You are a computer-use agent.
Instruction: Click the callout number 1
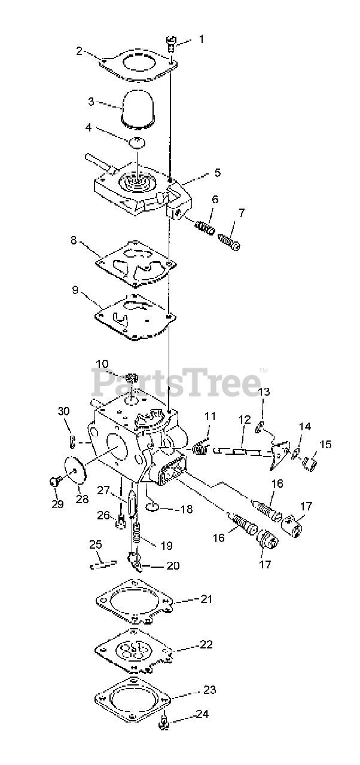[x=201, y=40]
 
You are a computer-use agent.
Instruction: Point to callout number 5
[x=218, y=173]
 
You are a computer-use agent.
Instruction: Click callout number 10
[x=102, y=363]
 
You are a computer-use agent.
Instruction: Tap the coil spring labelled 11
[x=201, y=445]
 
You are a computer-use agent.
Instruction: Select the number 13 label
[x=264, y=392]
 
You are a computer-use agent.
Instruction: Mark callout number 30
[x=63, y=411]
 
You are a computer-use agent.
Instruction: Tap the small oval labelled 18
[x=152, y=508]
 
